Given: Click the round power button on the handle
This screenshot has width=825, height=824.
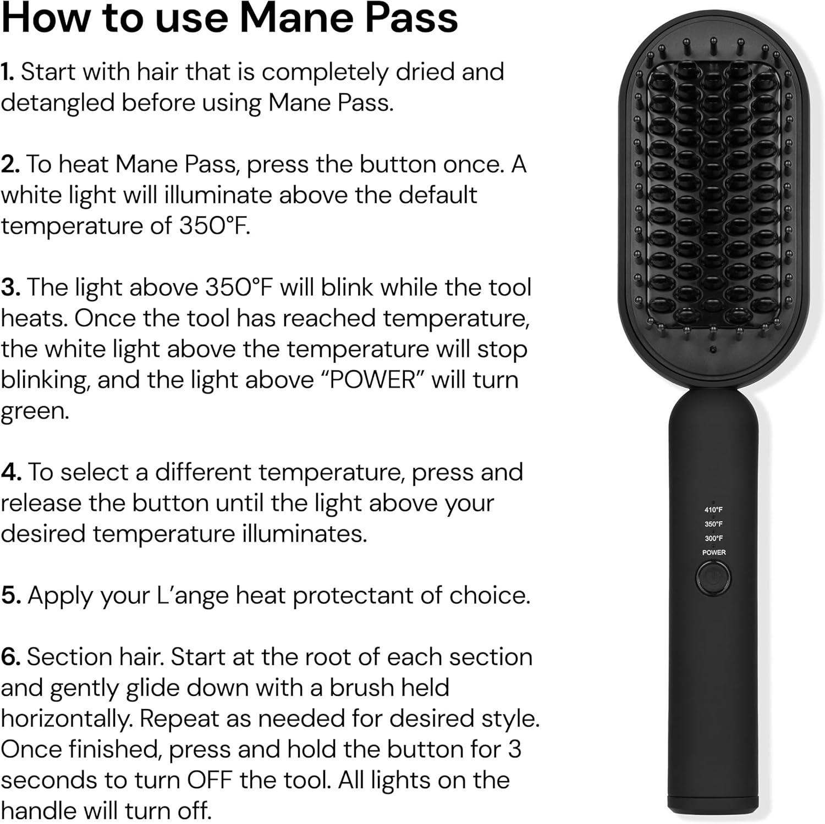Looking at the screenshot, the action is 713,578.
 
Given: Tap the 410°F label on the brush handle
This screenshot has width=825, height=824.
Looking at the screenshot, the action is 713,510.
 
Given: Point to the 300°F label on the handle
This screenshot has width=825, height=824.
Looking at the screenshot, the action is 713,539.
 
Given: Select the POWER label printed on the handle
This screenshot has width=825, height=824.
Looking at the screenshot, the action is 713,552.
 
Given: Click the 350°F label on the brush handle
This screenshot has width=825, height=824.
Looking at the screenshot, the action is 713,524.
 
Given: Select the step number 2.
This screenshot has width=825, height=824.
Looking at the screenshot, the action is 9,164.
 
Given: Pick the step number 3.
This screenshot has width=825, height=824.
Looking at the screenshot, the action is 10,287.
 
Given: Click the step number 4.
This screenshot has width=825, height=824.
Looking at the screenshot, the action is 10,472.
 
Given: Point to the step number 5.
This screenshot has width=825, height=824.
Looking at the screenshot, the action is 10,595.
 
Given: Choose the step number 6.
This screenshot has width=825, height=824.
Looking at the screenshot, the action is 10,657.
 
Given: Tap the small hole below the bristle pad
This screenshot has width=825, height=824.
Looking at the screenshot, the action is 713,350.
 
